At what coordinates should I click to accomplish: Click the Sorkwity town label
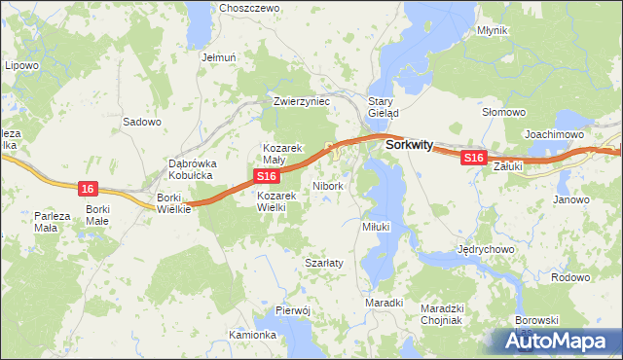(x=409, y=144)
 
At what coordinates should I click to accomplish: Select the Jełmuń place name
(x=219, y=57)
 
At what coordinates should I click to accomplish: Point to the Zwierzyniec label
(x=303, y=100)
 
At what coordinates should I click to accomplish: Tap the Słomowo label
(x=504, y=113)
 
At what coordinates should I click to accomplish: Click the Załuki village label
(x=508, y=166)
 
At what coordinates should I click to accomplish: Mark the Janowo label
(x=571, y=199)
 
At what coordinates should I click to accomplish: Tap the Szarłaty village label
(x=321, y=264)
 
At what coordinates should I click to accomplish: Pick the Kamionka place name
(x=253, y=335)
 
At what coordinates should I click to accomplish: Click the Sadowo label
(x=141, y=122)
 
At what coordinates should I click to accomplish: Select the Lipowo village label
(x=21, y=65)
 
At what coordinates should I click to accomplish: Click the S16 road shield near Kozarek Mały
(x=268, y=175)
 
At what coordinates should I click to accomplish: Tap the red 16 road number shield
(x=89, y=188)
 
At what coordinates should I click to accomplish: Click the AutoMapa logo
(x=559, y=342)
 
